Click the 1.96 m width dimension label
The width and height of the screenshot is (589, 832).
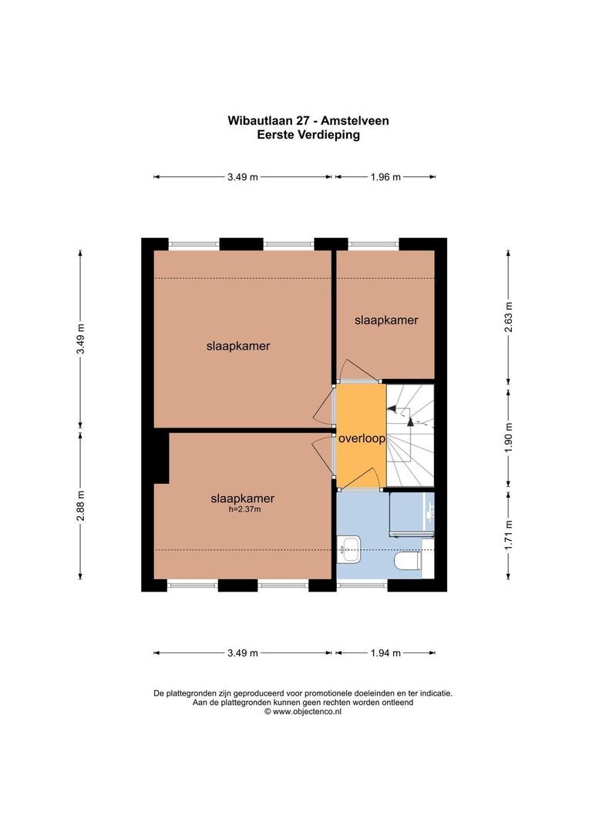tap(385, 177)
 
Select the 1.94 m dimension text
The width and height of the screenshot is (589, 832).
tap(385, 653)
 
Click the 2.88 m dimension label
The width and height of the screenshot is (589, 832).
tap(80, 506)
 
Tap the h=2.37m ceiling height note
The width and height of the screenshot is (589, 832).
tap(242, 509)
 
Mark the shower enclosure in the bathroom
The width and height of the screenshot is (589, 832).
tap(410, 513)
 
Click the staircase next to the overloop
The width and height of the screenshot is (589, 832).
tap(410, 435)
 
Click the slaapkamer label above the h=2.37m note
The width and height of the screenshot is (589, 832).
tap(242, 498)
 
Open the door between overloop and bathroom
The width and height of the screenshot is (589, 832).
tap(361, 488)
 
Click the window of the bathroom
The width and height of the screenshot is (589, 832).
tap(362, 585)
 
